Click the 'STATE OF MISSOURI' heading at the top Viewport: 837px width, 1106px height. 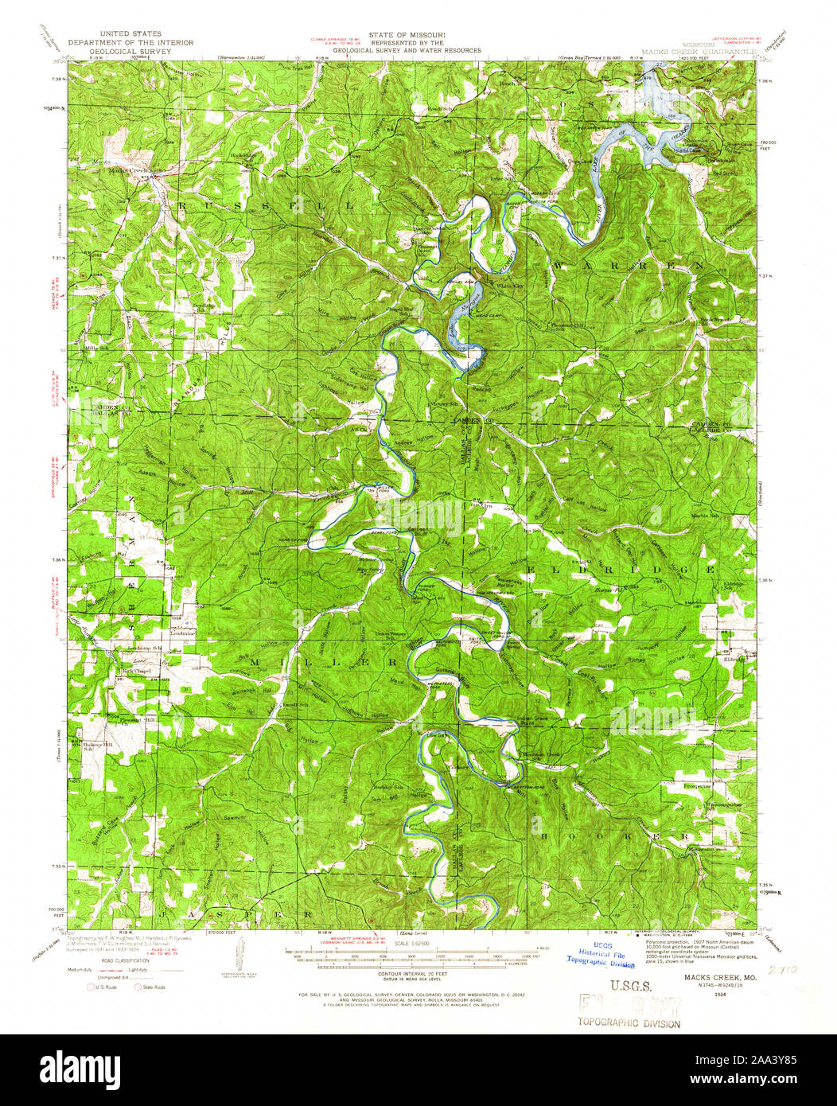pyautogui.click(x=406, y=35)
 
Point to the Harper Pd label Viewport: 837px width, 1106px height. pyautogui.click(x=606, y=590)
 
